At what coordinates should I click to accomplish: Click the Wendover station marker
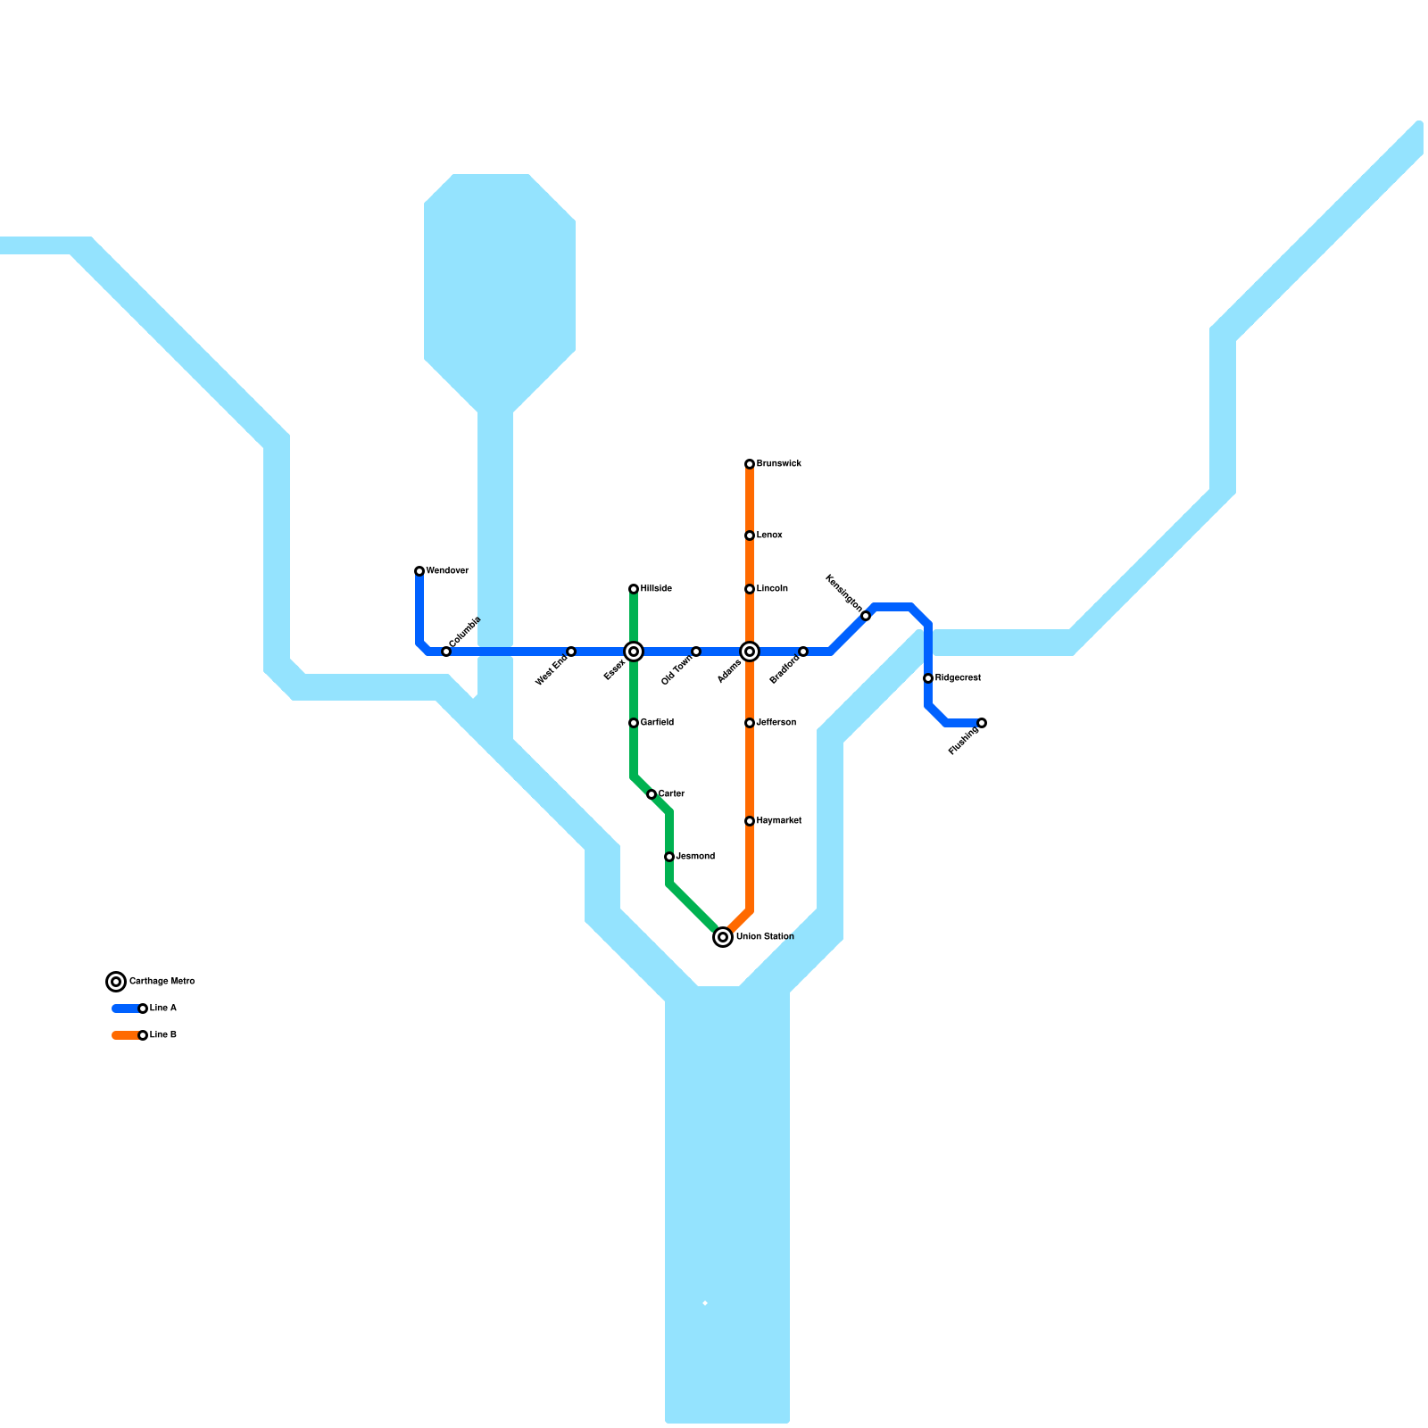(419, 571)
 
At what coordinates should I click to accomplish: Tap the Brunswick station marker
(750, 464)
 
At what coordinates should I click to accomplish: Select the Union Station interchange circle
(723, 937)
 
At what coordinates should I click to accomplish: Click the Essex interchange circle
(634, 652)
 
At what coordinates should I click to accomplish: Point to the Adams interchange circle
(750, 652)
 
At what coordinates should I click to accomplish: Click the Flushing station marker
(982, 723)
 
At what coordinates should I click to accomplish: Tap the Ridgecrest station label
(958, 678)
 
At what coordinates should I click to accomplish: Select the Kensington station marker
(866, 616)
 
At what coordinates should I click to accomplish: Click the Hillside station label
(656, 589)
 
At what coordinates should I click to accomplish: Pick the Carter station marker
(652, 794)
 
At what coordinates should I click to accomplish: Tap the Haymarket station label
(778, 821)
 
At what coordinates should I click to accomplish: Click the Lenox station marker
(750, 535)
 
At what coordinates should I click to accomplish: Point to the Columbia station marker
(446, 652)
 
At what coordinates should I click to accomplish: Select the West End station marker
(571, 652)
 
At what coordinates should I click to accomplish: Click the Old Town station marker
(696, 652)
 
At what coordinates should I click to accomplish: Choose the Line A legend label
(163, 1009)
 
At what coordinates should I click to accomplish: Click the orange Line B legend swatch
(125, 1035)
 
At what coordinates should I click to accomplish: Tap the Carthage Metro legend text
(162, 982)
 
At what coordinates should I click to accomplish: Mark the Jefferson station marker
(750, 723)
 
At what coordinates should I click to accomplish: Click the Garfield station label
(657, 723)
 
